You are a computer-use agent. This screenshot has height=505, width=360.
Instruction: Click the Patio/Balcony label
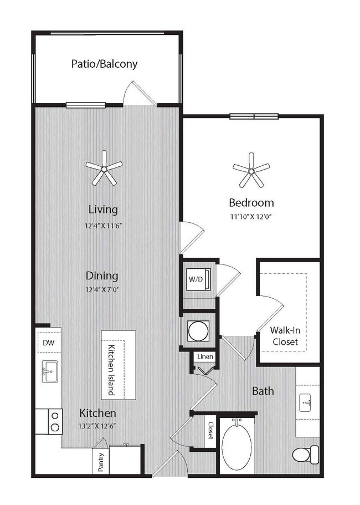(104, 64)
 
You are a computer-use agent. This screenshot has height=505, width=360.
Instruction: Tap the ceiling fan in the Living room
(104, 168)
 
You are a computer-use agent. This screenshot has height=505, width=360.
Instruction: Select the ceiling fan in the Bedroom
(251, 170)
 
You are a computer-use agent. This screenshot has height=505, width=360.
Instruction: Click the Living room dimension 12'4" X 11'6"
(103, 226)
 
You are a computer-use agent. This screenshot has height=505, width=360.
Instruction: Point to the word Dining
(102, 276)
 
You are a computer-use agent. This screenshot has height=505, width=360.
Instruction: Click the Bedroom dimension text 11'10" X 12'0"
(251, 216)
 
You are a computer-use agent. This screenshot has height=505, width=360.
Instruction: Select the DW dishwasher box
(48, 343)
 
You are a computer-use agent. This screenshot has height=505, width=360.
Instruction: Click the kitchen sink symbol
(49, 371)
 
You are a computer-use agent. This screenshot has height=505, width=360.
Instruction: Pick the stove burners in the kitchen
(55, 421)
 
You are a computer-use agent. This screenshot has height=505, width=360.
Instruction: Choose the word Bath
(263, 391)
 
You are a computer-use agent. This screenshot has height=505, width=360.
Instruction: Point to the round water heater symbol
(198, 331)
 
